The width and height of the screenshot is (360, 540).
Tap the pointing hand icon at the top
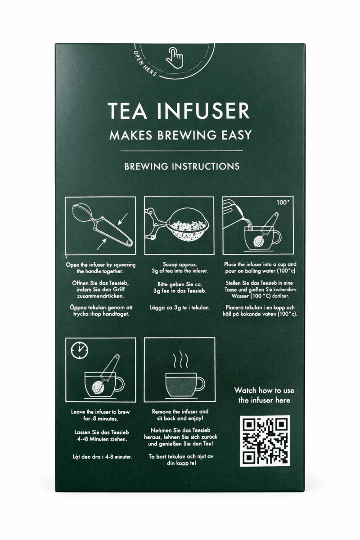click(x=175, y=58)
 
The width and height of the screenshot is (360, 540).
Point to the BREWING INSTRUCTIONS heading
click(x=182, y=166)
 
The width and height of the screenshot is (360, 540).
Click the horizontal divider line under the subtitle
click(x=181, y=151)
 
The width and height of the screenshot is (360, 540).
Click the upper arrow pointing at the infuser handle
click(x=122, y=219)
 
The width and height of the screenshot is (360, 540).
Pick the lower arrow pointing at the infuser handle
click(x=102, y=244)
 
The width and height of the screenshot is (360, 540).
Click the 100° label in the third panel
click(x=283, y=202)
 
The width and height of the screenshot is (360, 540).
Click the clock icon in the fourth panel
click(x=80, y=350)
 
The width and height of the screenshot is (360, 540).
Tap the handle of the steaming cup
click(x=200, y=384)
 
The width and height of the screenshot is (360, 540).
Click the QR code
click(x=265, y=441)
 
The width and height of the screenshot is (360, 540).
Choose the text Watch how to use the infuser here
click(x=264, y=396)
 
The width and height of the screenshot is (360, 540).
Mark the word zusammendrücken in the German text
click(x=100, y=296)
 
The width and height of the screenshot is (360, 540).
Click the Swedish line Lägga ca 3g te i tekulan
click(x=180, y=308)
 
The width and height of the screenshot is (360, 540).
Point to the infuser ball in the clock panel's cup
click(x=98, y=387)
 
